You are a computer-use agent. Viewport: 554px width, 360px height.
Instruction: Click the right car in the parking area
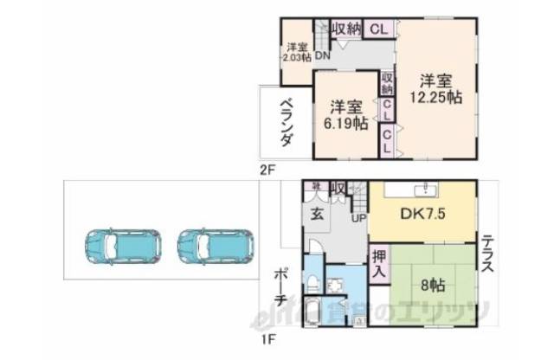tap(214, 247)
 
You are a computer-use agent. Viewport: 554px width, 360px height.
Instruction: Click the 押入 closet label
tap(379, 263)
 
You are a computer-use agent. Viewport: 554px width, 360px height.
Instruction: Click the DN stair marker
tap(322, 57)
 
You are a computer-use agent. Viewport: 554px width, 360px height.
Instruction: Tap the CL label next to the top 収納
tap(377, 29)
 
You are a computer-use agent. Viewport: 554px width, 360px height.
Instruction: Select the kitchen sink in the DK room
tap(422, 190)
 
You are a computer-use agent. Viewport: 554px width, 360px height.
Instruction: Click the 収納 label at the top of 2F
tap(346, 28)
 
